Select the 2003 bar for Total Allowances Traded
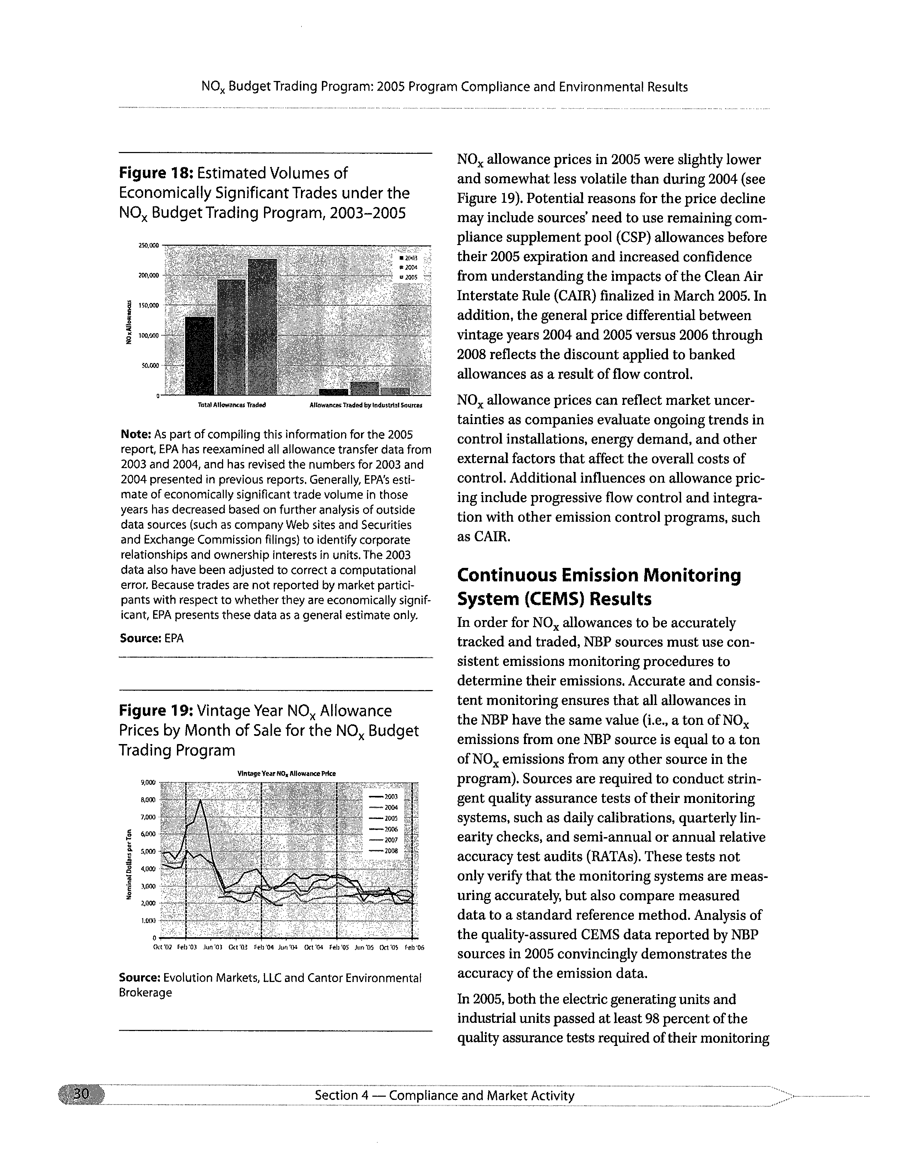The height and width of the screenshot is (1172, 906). click(199, 355)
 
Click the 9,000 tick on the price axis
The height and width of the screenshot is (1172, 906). click(147, 782)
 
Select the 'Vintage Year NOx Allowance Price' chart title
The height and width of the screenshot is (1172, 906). click(287, 774)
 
